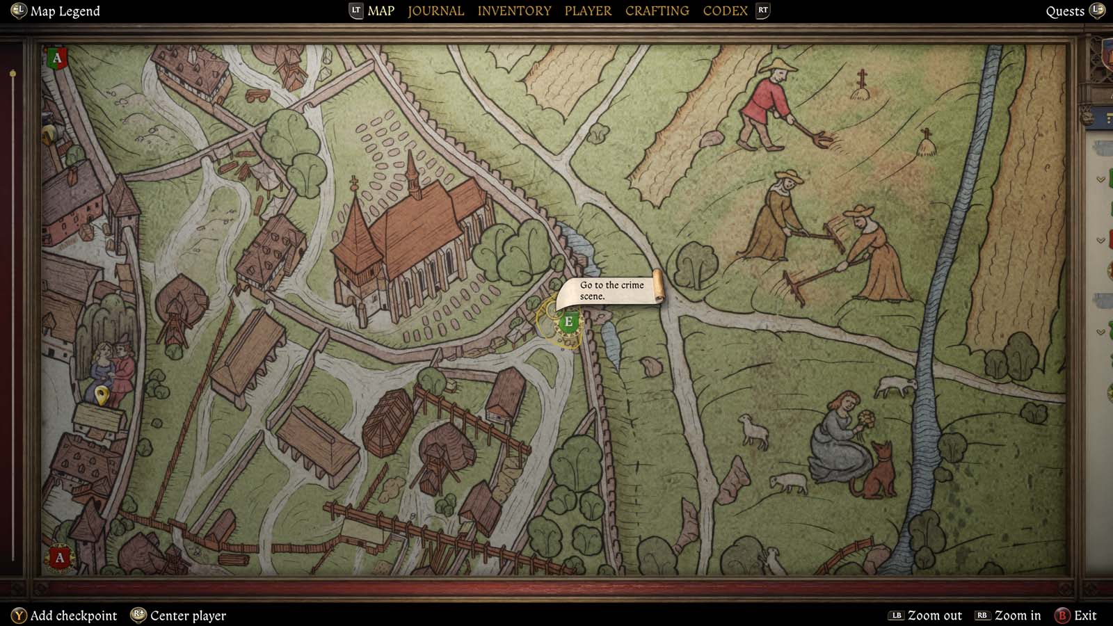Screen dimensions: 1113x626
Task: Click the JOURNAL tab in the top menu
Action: [x=435, y=11]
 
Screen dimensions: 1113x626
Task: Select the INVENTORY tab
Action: [x=514, y=11]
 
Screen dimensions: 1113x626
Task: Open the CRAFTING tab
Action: [x=657, y=11]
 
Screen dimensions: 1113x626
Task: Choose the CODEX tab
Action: [x=725, y=11]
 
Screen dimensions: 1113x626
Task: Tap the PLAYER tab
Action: [x=588, y=11]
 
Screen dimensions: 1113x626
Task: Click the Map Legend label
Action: [x=65, y=11]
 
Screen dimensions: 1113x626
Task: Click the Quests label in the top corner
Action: [x=1065, y=11]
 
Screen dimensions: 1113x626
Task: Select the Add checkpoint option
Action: [x=73, y=616]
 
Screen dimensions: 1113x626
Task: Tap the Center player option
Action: [x=188, y=616]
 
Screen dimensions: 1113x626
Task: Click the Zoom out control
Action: [x=934, y=616]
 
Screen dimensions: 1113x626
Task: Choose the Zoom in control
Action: [x=1017, y=616]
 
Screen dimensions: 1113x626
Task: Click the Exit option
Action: [x=1084, y=616]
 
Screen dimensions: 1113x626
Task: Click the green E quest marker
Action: [x=568, y=321]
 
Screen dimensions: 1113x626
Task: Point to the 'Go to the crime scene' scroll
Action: [x=612, y=290]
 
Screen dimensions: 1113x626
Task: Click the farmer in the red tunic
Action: [x=769, y=104]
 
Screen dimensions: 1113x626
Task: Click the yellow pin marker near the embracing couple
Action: [x=102, y=395]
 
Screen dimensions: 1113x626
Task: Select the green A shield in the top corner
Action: [x=57, y=58]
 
